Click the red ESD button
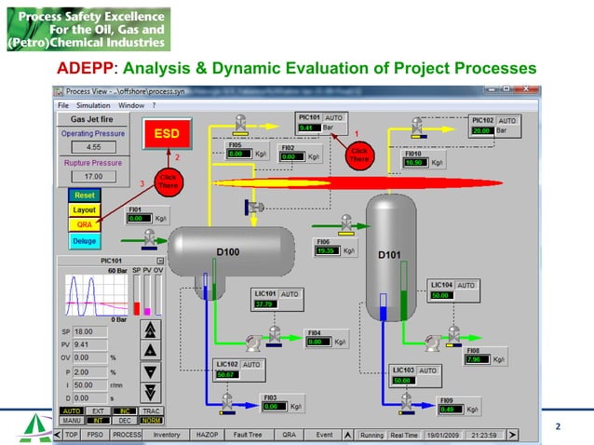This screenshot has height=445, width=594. pos(167,134)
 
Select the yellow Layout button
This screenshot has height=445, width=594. pos(85,210)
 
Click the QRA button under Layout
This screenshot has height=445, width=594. pos(85,224)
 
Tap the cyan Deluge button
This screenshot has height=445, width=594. pos(85,241)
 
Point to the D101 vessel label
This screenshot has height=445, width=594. pos(389,254)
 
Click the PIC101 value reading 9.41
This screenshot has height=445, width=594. pos(309,128)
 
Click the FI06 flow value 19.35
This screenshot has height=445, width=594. pos(325,250)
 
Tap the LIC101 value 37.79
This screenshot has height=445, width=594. pos(265,303)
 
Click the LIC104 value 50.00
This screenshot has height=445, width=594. pos(442,294)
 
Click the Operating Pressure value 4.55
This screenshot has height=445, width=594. pos(93,147)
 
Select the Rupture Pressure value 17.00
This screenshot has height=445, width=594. pos(93,176)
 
